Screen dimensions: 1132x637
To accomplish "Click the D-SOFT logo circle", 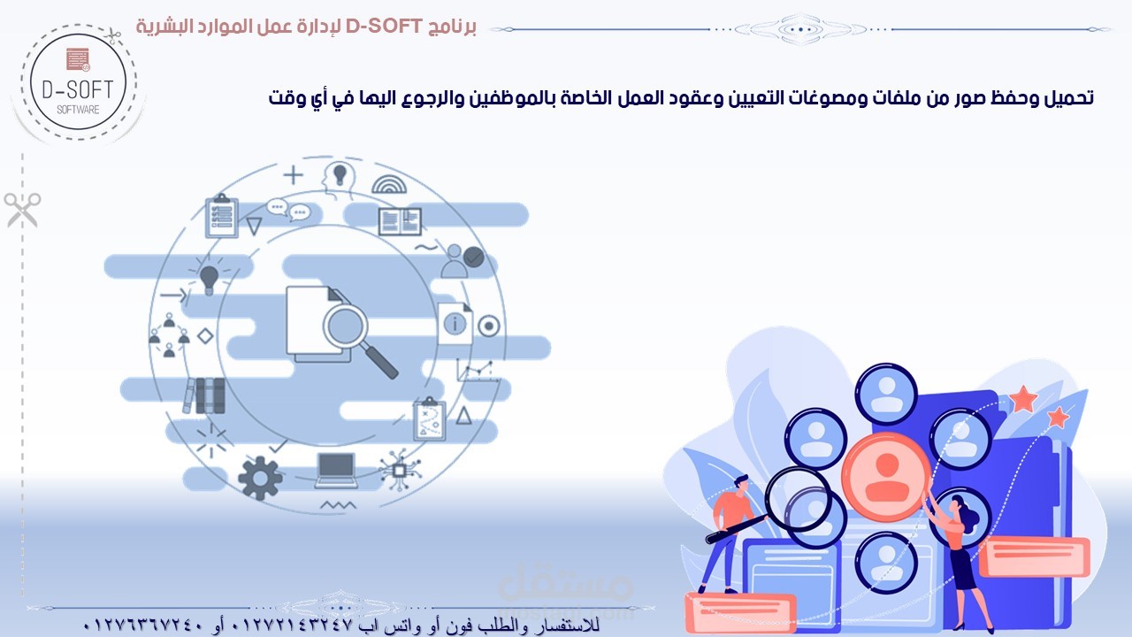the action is tap(79, 82).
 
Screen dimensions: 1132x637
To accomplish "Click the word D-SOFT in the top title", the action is tap(384, 27).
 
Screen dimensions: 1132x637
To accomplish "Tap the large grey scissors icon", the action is tap(23, 210).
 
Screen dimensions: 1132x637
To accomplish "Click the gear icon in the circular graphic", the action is tap(260, 478).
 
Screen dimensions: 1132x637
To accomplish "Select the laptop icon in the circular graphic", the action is tap(335, 470).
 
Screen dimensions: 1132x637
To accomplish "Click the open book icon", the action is tap(400, 221).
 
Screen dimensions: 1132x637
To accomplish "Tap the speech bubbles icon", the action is tap(288, 210).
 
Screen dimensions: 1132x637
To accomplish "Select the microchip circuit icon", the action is tap(399, 470).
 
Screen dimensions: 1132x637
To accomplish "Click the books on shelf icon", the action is tap(204, 395).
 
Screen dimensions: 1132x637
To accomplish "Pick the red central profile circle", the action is tap(887, 477).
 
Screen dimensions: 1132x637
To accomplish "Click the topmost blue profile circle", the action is tap(886, 394).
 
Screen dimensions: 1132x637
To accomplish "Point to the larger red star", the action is tap(1023, 399).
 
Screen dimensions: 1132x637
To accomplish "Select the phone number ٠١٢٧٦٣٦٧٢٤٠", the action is tap(143, 625).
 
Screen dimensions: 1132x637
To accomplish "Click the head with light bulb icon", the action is tap(338, 179).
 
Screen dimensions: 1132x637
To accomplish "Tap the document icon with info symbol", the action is tap(455, 323).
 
